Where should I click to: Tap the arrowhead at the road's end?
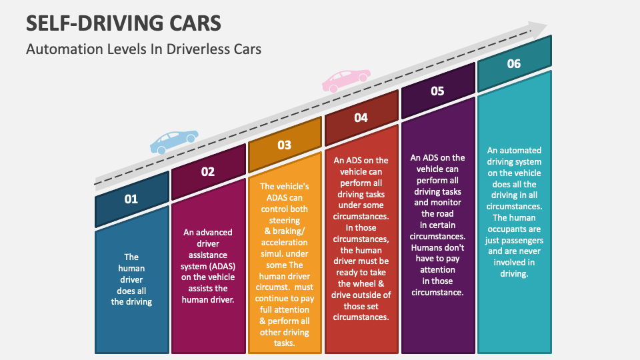click(x=537, y=29)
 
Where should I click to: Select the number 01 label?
click(x=131, y=199)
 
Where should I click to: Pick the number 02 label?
click(x=208, y=171)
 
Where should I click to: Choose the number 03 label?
click(x=285, y=145)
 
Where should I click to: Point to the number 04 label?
click(x=361, y=117)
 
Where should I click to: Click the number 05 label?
click(x=437, y=91)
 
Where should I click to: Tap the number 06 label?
click(x=513, y=64)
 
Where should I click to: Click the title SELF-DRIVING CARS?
click(x=124, y=23)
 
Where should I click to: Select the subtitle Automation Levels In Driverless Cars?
click(x=143, y=49)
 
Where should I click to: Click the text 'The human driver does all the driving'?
click(x=131, y=279)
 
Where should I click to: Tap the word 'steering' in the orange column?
click(x=285, y=220)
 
